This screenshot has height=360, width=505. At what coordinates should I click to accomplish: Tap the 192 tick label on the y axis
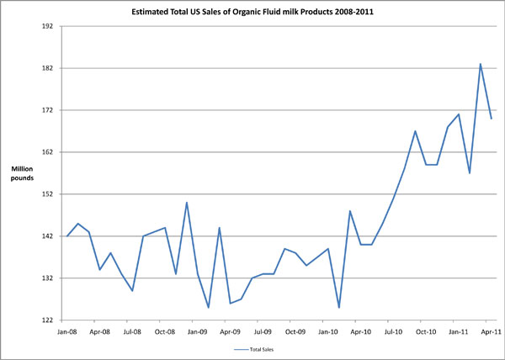pyautogui.click(x=47, y=26)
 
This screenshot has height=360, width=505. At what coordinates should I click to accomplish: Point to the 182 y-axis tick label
pyautogui.click(x=47, y=68)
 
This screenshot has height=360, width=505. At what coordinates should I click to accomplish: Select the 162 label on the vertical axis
pyautogui.click(x=47, y=152)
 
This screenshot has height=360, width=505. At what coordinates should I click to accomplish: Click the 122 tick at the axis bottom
pyautogui.click(x=47, y=320)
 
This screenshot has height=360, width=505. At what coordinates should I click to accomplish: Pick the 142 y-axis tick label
pyautogui.click(x=47, y=236)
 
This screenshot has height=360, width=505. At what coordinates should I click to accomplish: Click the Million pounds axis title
pyautogui.click(x=22, y=174)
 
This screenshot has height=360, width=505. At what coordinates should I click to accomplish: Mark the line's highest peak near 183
pyautogui.click(x=481, y=64)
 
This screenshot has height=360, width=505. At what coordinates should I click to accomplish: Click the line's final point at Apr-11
pyautogui.click(x=492, y=119)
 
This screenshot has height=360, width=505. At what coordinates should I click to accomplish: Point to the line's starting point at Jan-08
pyautogui.click(x=67, y=236)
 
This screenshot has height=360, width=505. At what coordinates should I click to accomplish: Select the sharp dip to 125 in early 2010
pyautogui.click(x=339, y=308)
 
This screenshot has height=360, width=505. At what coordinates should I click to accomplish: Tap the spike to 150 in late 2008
pyautogui.click(x=187, y=203)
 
